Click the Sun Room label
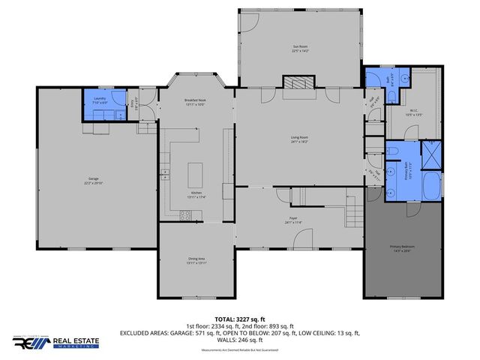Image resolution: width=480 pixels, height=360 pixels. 301,49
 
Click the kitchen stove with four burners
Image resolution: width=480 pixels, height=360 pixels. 184,214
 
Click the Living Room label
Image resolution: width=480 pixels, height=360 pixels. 301,139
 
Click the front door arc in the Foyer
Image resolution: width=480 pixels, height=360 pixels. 303,240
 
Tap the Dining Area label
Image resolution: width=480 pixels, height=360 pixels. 196,261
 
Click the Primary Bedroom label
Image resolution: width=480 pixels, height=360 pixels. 401,249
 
